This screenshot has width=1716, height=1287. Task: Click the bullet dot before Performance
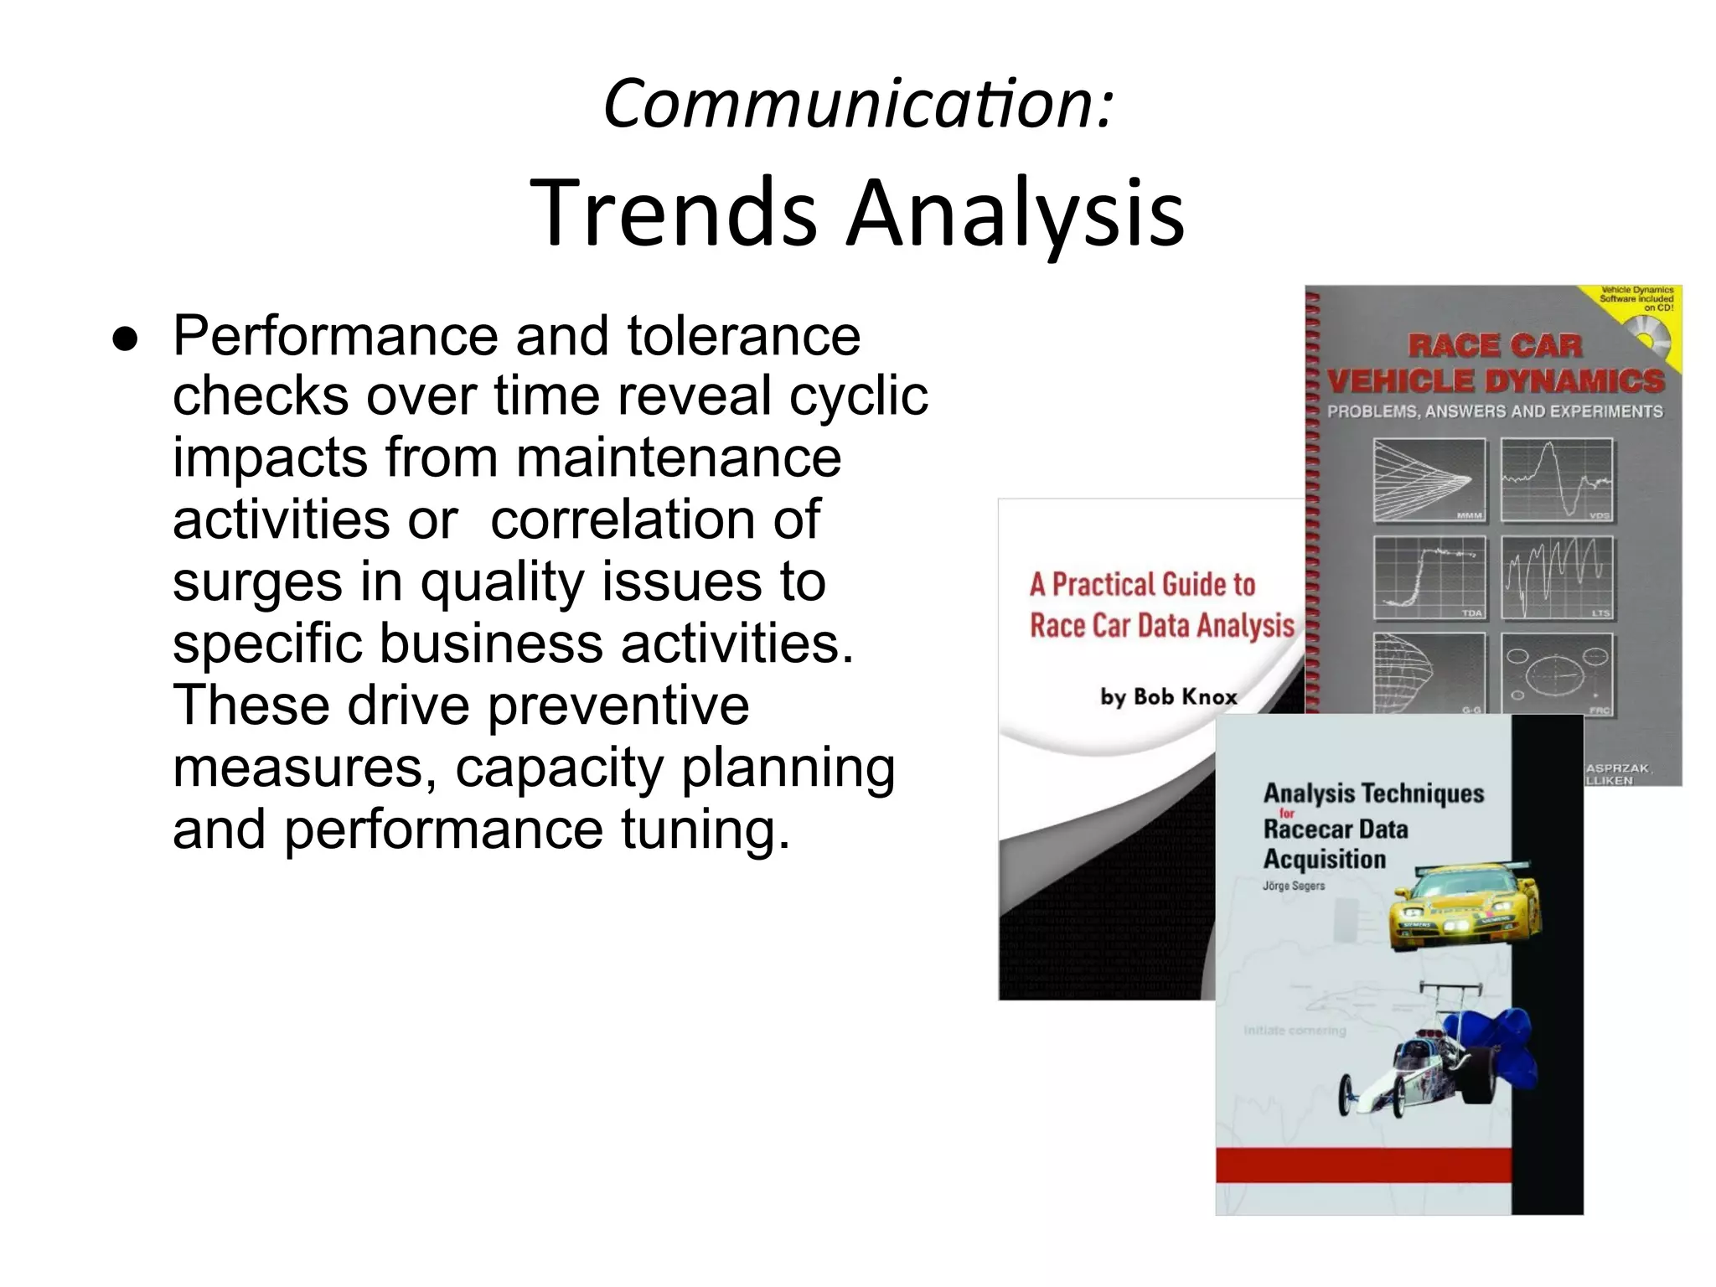click(x=126, y=339)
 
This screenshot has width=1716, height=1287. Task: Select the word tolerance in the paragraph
click(x=743, y=336)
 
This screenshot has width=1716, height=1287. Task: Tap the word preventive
click(x=618, y=705)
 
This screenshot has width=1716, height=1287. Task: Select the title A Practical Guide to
click(x=1142, y=584)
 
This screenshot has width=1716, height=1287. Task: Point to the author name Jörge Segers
click(x=1293, y=886)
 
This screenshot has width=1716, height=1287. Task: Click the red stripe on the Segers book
click(x=1363, y=1166)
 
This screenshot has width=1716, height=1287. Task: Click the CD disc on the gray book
click(x=1647, y=342)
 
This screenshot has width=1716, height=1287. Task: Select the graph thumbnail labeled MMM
click(x=1429, y=481)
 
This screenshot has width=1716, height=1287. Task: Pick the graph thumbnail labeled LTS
click(x=1557, y=577)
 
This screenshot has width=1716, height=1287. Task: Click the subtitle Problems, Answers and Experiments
click(x=1494, y=411)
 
